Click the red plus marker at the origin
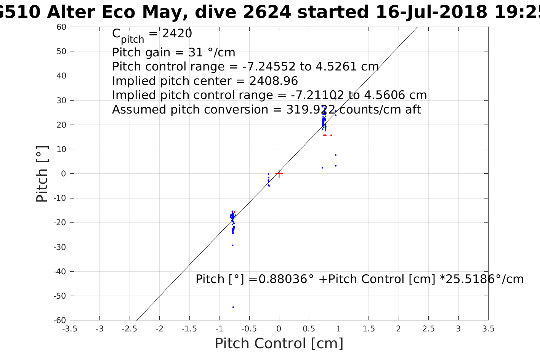click(x=279, y=174)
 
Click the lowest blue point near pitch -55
click(x=233, y=307)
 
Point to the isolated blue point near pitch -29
click(x=232, y=245)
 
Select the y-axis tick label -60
click(x=60, y=320)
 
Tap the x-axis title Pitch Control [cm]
click(x=279, y=344)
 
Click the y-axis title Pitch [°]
click(x=42, y=174)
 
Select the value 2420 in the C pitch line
click(x=177, y=34)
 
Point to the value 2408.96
click(x=274, y=81)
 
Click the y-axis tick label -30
click(x=60, y=247)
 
